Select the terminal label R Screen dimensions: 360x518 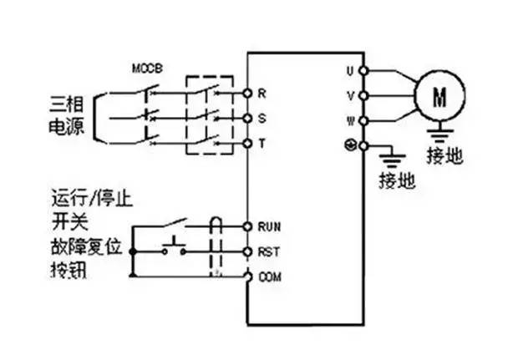click(x=262, y=93)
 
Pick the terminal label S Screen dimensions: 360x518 click(x=262, y=119)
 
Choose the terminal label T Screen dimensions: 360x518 click(x=262, y=144)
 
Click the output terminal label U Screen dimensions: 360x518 click(x=350, y=70)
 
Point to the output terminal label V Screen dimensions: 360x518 click(x=350, y=95)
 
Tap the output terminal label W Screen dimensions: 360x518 click(x=350, y=120)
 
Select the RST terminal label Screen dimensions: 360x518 click(x=268, y=251)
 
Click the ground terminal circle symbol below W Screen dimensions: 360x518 click(x=351, y=145)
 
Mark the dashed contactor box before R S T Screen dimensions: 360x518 click(x=208, y=114)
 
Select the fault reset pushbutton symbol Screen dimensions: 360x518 click(x=174, y=245)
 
